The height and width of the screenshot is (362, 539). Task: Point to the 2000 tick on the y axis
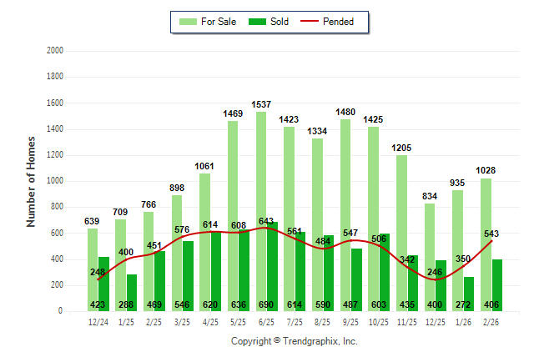(x=55, y=51)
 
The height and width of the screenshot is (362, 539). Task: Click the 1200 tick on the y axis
(x=55, y=155)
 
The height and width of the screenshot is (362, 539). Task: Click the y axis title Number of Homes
(x=31, y=181)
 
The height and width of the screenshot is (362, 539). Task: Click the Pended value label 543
(x=491, y=234)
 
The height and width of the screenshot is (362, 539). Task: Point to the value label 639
(x=93, y=222)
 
